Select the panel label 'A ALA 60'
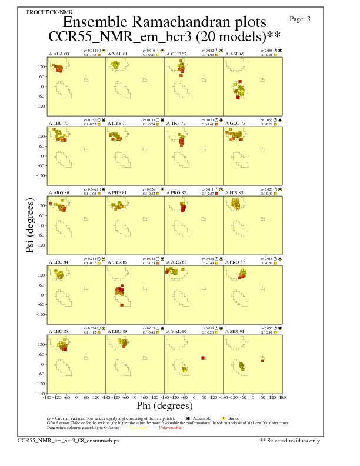tap(58, 54)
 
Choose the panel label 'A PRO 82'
tap(177, 192)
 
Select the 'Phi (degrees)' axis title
tap(164, 406)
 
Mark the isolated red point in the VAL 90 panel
tap(203, 358)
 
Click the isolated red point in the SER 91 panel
tap(262, 361)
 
